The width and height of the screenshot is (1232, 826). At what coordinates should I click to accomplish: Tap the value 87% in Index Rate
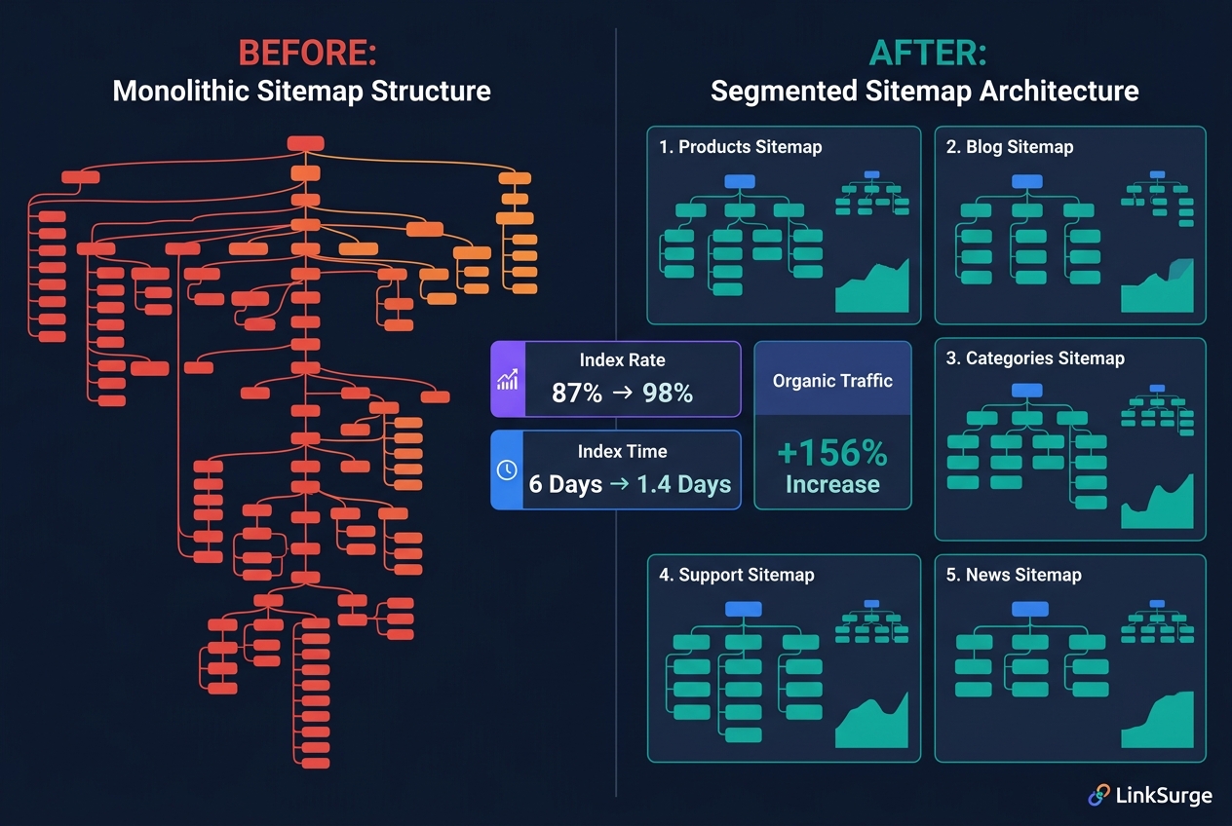pos(577,393)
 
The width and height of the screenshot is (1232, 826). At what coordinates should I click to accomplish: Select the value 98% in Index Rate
pos(668,393)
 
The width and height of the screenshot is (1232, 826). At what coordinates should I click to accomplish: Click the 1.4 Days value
pos(683,484)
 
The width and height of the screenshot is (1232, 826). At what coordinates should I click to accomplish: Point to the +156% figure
pos(832,454)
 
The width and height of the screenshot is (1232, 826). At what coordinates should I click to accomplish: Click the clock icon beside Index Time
pos(507,469)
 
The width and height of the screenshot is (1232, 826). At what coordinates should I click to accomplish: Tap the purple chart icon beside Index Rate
pos(507,380)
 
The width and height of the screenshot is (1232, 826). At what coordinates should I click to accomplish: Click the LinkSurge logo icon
pos(1099,796)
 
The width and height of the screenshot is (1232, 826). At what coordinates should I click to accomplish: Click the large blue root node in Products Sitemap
pos(740,181)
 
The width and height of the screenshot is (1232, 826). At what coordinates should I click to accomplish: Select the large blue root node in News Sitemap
pos(1029,610)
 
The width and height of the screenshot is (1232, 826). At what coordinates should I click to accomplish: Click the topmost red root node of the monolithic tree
pos(305,143)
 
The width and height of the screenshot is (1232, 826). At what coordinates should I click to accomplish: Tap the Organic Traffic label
pos(832,381)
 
